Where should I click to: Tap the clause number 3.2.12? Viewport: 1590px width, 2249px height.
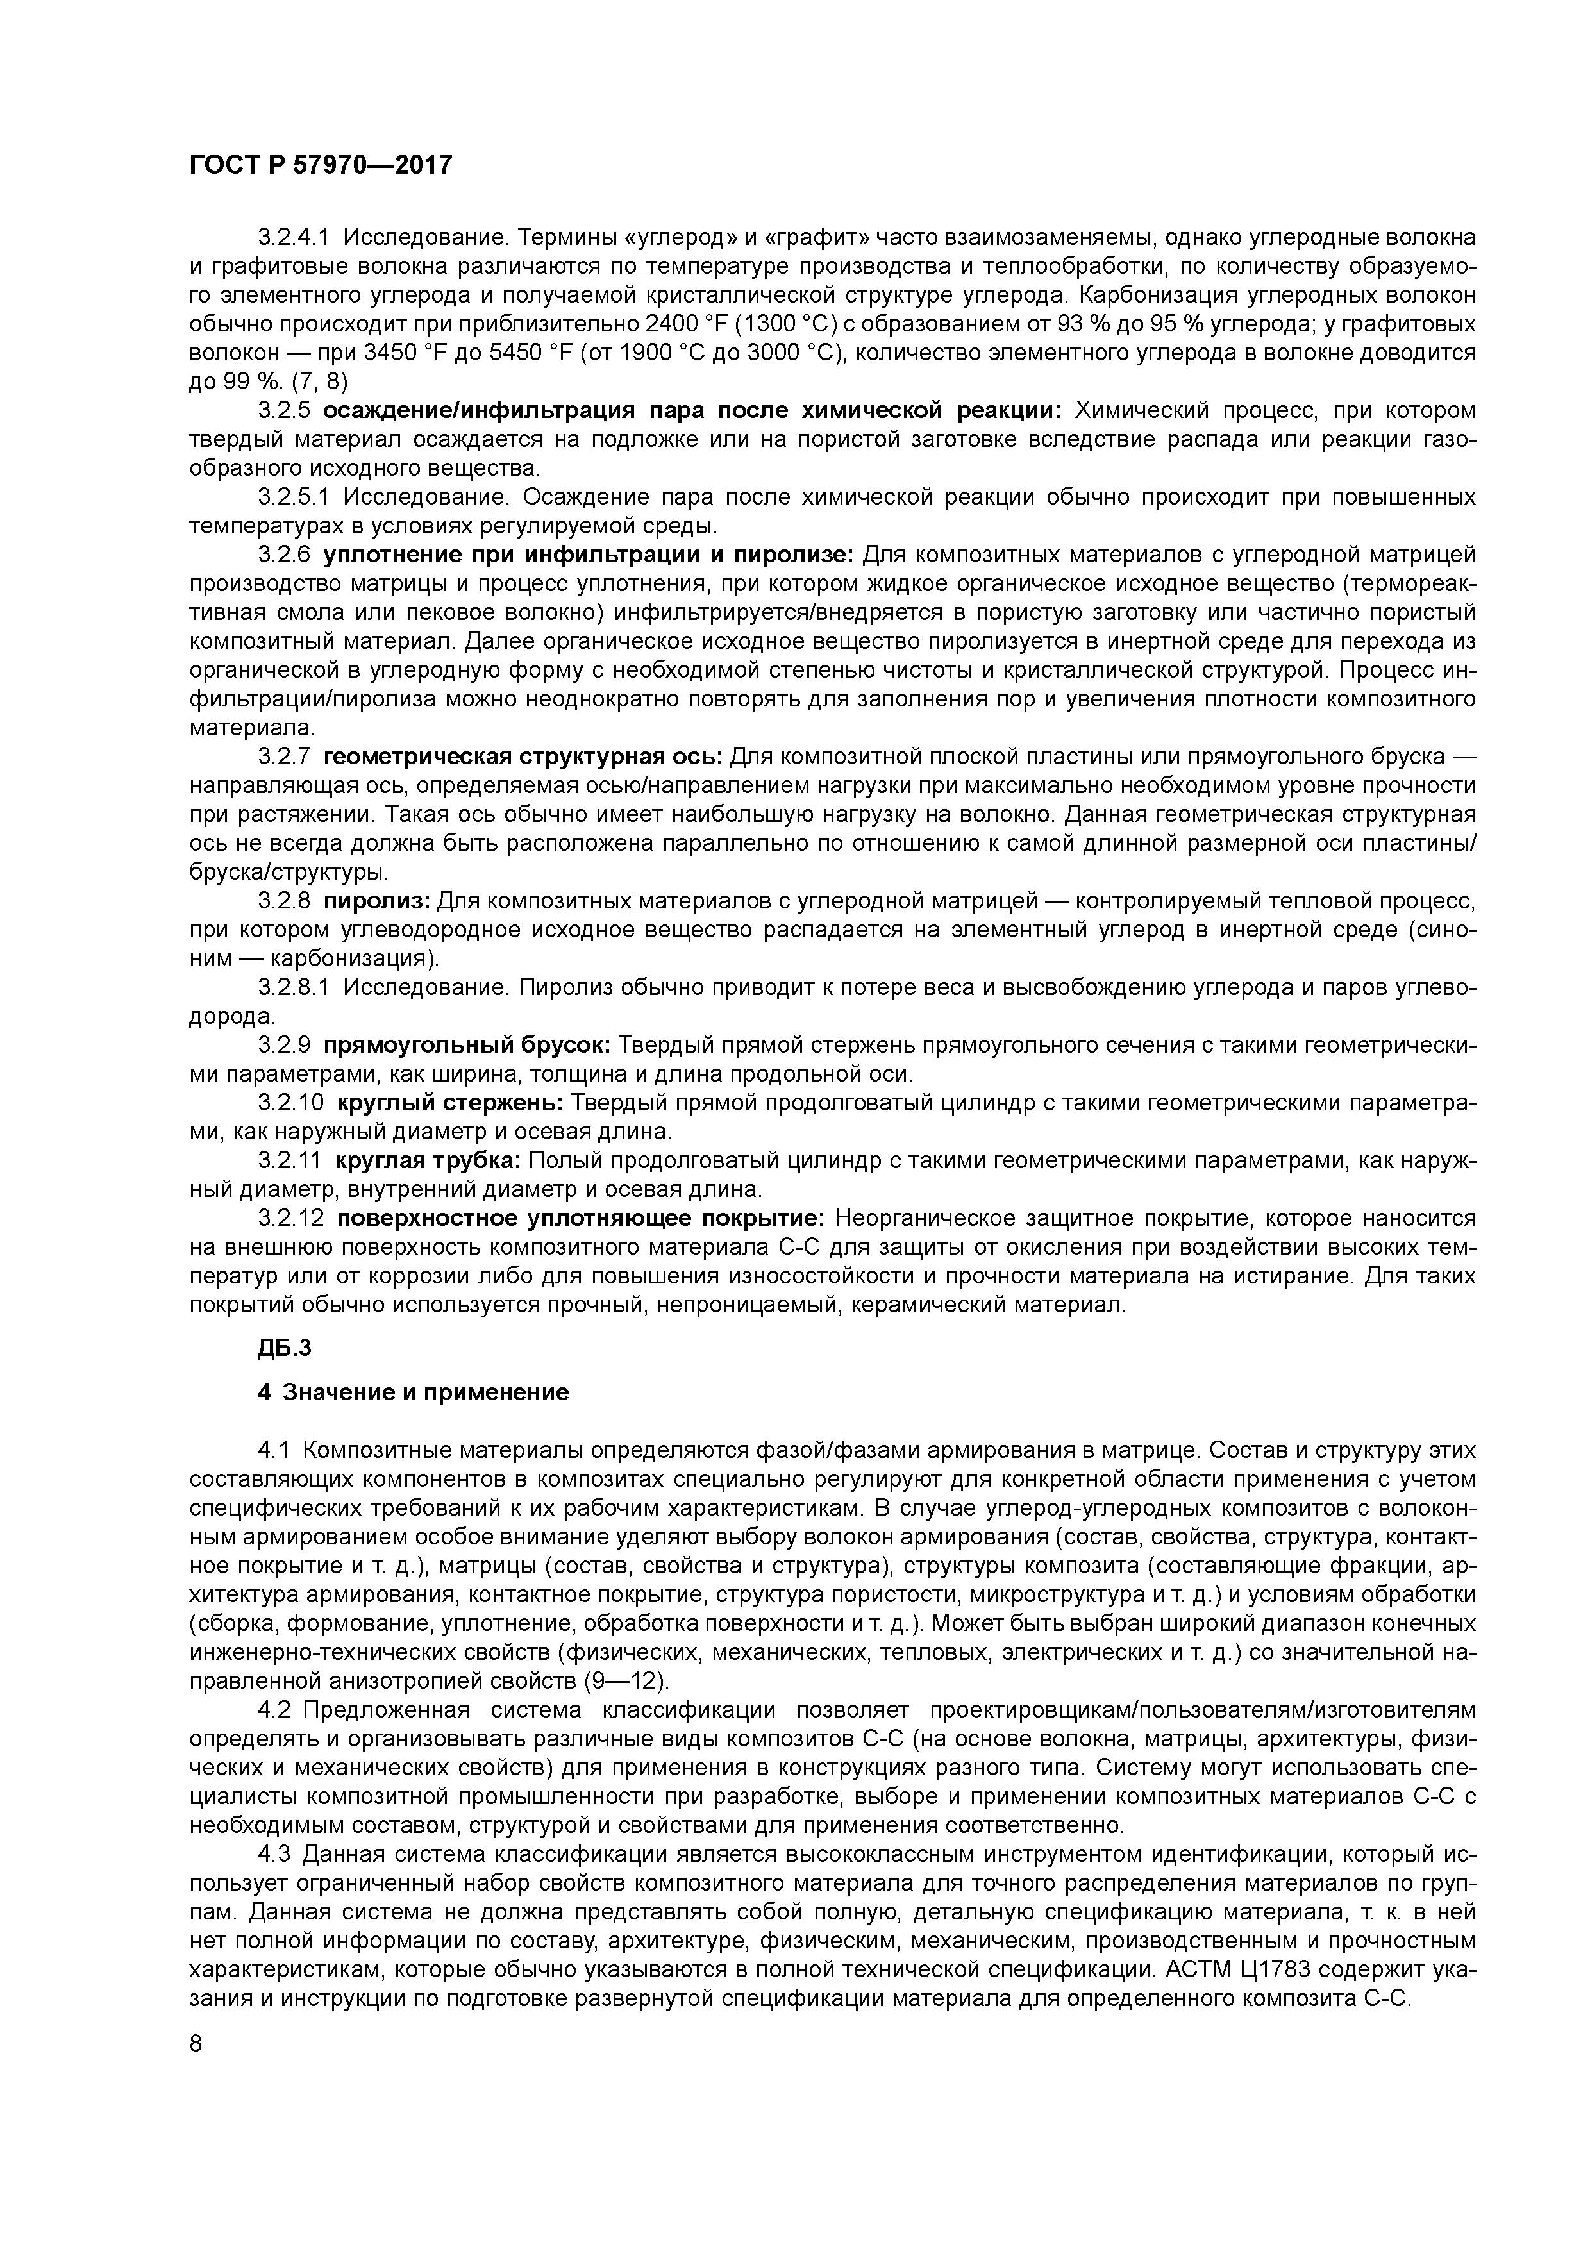coord(290,1219)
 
